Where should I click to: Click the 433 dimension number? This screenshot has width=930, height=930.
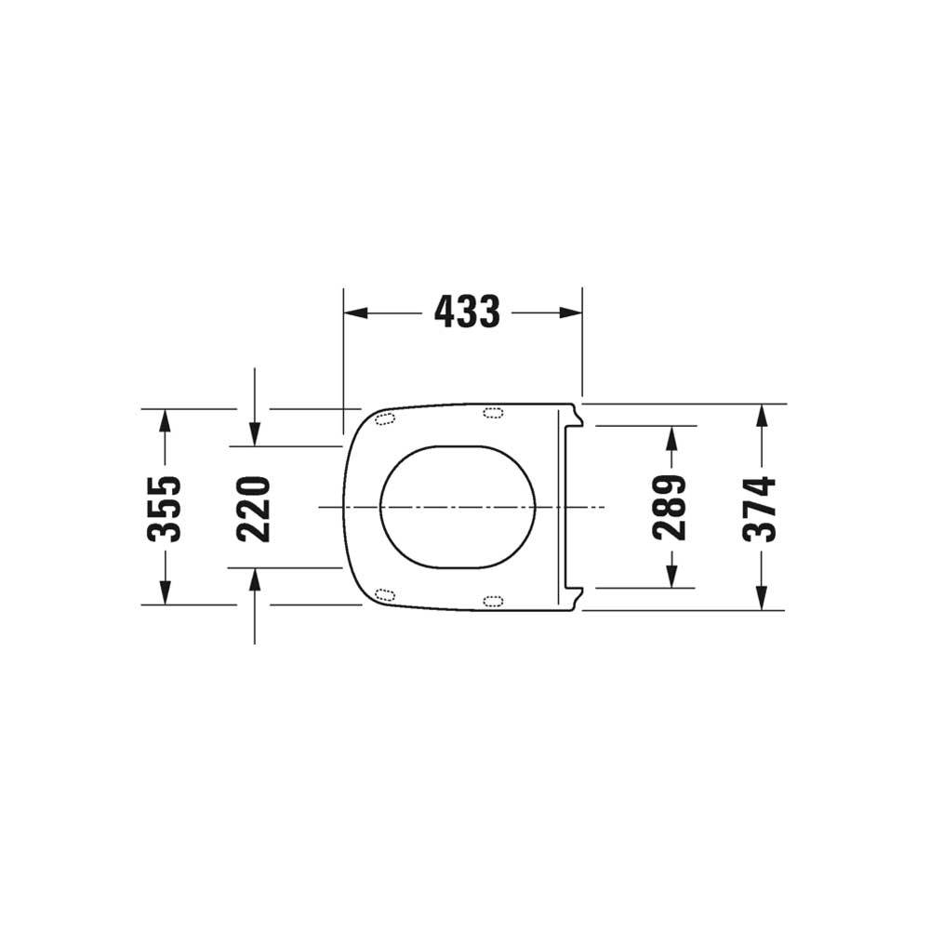click(468, 312)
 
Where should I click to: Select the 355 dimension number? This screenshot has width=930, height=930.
click(163, 509)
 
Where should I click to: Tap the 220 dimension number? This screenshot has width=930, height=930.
click(253, 509)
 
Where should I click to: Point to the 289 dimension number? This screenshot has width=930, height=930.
click(671, 507)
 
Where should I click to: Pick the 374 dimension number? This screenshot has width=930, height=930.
click(760, 509)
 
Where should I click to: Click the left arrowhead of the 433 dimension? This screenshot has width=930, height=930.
click(356, 312)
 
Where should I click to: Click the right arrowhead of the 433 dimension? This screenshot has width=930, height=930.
click(571, 312)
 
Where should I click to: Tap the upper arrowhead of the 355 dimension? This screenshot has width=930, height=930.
click(166, 420)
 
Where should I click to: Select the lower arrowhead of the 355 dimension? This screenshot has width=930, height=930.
click(166, 593)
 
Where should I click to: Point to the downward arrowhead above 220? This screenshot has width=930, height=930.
click(255, 434)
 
